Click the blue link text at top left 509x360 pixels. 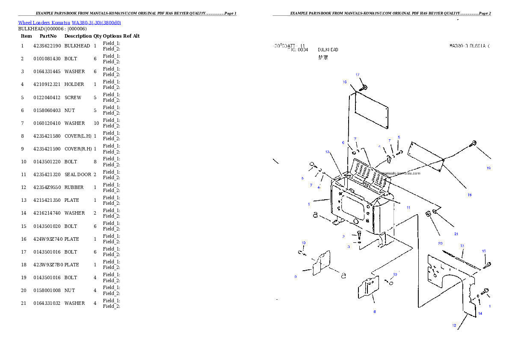point(69,23)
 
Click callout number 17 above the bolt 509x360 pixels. point(358,75)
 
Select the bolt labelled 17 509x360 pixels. point(364,88)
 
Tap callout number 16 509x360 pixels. point(344,82)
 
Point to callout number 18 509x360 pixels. point(469,195)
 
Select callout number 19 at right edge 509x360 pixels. point(488,168)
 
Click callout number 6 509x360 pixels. point(343,143)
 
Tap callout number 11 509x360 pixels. point(408,207)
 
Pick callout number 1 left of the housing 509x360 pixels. point(309,204)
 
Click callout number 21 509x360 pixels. point(456,234)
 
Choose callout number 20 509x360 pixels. point(440,243)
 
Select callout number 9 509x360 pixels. point(296,277)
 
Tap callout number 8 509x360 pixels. point(375,312)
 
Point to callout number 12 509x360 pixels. point(454,326)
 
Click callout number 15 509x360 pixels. point(484,251)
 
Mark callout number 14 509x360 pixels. point(480,313)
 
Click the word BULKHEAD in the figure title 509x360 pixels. point(328,50)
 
